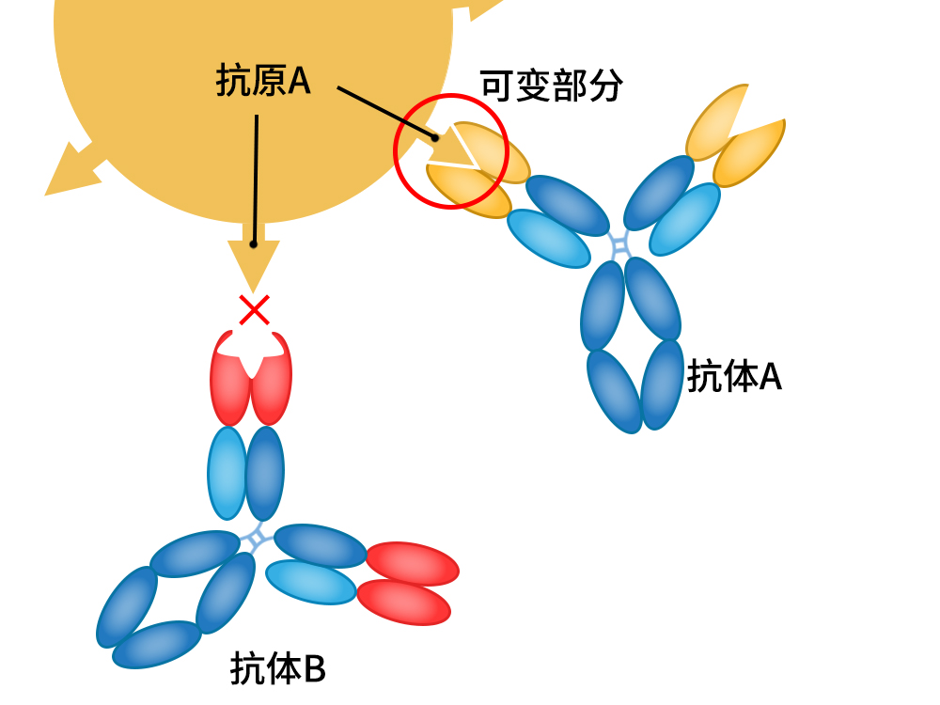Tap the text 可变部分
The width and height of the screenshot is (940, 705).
(x=552, y=86)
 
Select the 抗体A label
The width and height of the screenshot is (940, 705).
(x=734, y=377)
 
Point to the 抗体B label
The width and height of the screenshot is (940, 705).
(x=277, y=669)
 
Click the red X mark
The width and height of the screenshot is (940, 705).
(x=254, y=310)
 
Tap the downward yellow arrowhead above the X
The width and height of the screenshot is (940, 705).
(x=254, y=263)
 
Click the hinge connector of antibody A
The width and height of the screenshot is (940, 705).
(x=619, y=246)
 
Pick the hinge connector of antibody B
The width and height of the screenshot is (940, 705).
(x=256, y=538)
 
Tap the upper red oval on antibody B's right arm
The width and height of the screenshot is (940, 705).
(x=412, y=562)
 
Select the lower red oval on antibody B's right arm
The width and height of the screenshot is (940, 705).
(x=404, y=601)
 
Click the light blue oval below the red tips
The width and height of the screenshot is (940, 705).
(x=227, y=473)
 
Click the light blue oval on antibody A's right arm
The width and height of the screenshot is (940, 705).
(x=683, y=219)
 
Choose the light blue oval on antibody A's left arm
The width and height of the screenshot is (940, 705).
(x=549, y=238)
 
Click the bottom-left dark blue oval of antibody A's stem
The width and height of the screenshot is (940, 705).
(x=614, y=390)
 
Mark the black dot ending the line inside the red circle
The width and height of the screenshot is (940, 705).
(x=435, y=138)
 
